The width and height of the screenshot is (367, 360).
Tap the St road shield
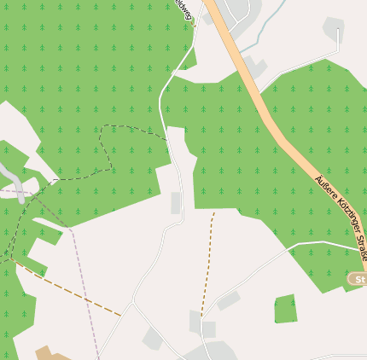(x=358, y=279)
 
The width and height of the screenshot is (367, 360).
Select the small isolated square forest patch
(x=286, y=309)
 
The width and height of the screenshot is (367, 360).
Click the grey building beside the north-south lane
(x=176, y=203)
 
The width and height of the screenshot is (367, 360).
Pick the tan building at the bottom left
(x=51, y=354)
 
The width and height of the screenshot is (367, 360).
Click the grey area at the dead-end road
(x=334, y=27)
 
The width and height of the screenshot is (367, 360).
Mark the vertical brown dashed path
(x=208, y=260)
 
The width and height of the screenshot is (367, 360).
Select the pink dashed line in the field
(x=85, y=290)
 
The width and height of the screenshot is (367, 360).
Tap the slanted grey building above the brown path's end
(x=228, y=300)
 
